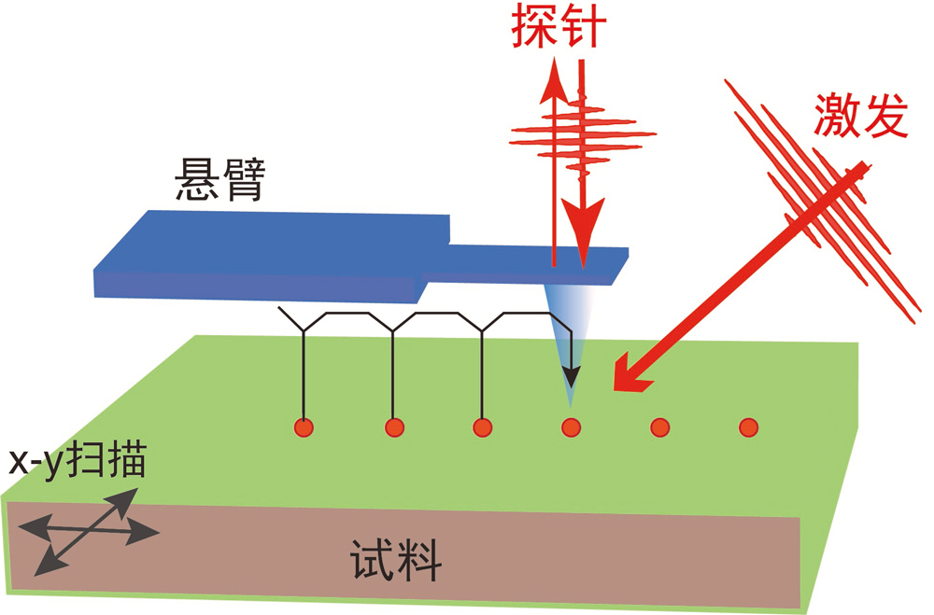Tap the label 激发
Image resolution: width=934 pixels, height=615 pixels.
tap(859, 117)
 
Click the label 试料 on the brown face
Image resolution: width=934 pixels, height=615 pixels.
tap(396, 562)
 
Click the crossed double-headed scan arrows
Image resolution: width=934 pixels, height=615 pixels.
tap(89, 533)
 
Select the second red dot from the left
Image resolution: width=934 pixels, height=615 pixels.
tap(393, 427)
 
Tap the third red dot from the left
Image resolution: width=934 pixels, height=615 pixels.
tap(482, 427)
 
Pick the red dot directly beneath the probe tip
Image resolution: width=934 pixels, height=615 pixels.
tap(571, 427)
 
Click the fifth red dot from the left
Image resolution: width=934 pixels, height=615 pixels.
tap(659, 427)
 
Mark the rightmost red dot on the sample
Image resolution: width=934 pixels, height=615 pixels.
tap(748, 427)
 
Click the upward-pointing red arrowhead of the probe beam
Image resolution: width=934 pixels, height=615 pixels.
tap(555, 77)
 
